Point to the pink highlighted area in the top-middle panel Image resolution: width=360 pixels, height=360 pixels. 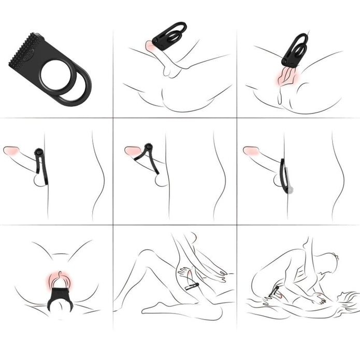151,47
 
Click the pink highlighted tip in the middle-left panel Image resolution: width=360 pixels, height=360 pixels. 11,150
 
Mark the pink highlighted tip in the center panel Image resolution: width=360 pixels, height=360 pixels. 132,151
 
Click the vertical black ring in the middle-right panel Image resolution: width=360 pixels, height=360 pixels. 282,176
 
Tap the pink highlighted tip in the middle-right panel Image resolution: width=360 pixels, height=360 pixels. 251,150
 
